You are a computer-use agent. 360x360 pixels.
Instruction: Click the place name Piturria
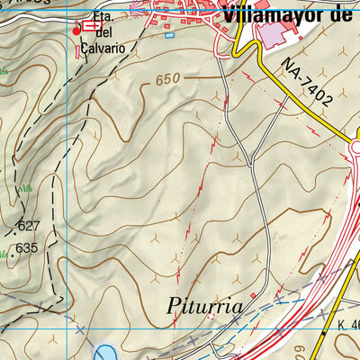click(x=205, y=307)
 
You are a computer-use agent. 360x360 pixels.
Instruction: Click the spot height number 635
click(x=27, y=248)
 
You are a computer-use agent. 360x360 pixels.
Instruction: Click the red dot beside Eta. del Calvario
click(x=76, y=31)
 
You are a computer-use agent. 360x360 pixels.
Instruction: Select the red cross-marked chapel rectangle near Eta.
click(x=91, y=28)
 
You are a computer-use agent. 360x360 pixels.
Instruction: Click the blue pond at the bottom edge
click(x=102, y=352)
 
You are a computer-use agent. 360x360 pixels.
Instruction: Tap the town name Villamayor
click(x=269, y=13)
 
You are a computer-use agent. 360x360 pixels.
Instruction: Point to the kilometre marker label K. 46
click(x=349, y=325)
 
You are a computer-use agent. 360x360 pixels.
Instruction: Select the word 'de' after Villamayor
click(x=344, y=13)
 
